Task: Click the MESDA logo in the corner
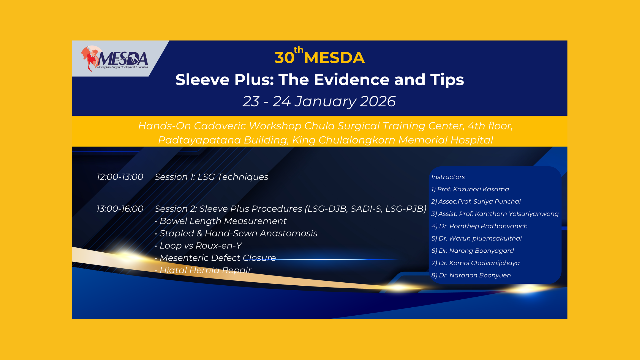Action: click(115, 59)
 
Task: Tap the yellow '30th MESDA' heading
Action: click(319, 56)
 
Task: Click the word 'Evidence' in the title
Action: click(352, 79)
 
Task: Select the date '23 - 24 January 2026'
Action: click(319, 101)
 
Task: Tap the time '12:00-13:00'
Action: click(120, 177)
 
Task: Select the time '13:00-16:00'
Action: click(120, 209)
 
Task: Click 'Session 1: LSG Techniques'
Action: click(211, 177)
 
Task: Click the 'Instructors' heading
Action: click(448, 177)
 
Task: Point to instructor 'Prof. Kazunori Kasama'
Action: click(473, 189)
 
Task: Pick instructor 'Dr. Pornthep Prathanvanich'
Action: click(483, 226)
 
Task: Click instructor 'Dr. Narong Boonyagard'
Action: click(476, 251)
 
